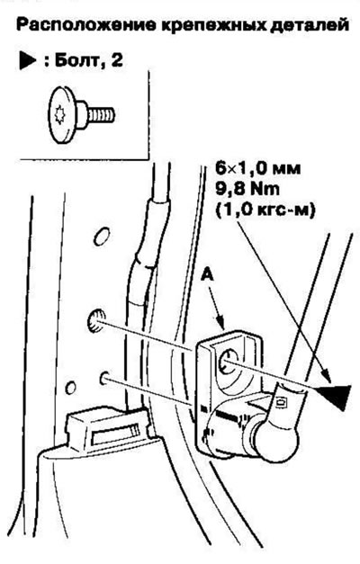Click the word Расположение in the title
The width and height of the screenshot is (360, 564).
(86, 26)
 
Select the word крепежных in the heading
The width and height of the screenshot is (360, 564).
(212, 26)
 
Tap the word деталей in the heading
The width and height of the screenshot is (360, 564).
(309, 26)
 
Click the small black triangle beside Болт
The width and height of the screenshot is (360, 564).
(27, 61)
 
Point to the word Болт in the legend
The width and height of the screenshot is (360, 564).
(76, 60)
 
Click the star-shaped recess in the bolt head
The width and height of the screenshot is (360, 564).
(59, 115)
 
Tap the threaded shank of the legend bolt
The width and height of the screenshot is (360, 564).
(101, 115)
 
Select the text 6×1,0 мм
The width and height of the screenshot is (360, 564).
(257, 168)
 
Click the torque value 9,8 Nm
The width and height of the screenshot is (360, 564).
(247, 189)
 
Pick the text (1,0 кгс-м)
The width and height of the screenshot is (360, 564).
(265, 210)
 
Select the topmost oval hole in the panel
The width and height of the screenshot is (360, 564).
(101, 237)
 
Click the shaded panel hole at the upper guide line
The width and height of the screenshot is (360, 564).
(96, 319)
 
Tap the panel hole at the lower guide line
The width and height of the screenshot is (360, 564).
(104, 378)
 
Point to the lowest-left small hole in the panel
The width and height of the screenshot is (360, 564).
(71, 388)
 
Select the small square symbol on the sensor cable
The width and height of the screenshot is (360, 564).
(281, 402)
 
